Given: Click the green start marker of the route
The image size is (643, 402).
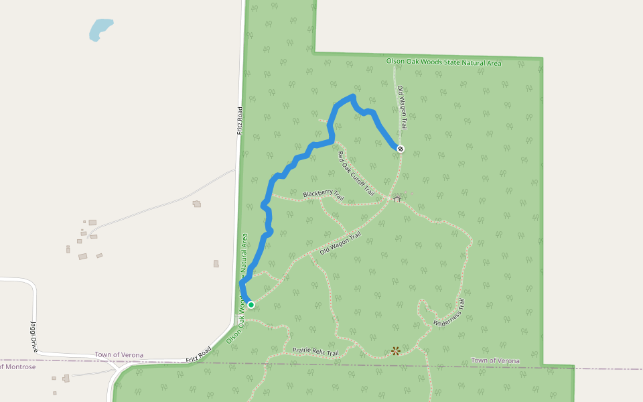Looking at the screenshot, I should point(251,305).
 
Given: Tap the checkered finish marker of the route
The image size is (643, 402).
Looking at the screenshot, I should point(401,149).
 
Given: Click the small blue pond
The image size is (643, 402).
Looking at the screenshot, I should point(100,29).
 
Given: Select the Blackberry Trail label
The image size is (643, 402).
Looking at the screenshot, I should point(323,195).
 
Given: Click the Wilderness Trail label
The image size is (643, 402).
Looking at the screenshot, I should point(449,313).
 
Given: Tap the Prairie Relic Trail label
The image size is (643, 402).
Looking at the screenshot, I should point(315,351).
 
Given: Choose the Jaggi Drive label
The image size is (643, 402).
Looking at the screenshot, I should point(33,337).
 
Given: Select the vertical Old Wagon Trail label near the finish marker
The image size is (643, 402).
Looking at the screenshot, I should point(403,108).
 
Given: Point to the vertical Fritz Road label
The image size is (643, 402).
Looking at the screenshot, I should point(239,121).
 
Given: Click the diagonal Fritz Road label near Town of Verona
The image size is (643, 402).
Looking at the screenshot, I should point(199,355).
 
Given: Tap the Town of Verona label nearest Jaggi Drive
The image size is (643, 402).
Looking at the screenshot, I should point(119,355).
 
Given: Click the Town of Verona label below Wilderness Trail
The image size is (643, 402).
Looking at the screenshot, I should point(495,360).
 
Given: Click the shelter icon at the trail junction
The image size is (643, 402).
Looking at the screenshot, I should point(397,199).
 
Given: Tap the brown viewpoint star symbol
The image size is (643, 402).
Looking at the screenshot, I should point(396,350).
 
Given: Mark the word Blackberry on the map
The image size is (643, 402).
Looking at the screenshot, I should point(315,194).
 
